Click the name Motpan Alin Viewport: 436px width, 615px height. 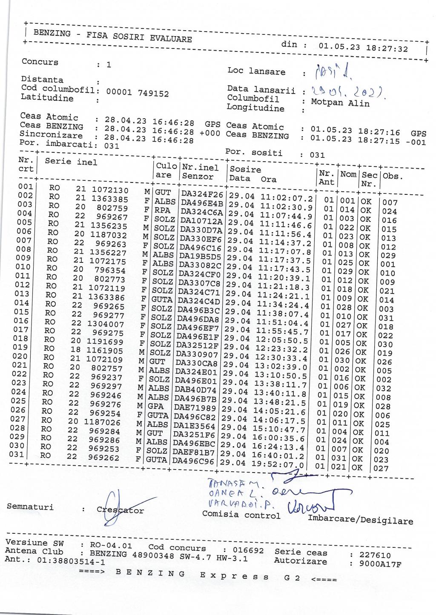tap(340, 102)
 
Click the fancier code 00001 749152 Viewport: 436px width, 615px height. tap(137, 93)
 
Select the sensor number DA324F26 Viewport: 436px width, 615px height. tap(202, 194)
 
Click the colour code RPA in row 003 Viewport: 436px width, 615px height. tap(162, 210)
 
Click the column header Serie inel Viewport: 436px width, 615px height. tap(71, 162)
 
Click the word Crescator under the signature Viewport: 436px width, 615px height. tap(120, 510)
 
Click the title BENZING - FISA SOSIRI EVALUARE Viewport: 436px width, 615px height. tap(112, 36)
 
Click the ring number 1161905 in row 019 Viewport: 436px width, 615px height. tap(105, 350)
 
